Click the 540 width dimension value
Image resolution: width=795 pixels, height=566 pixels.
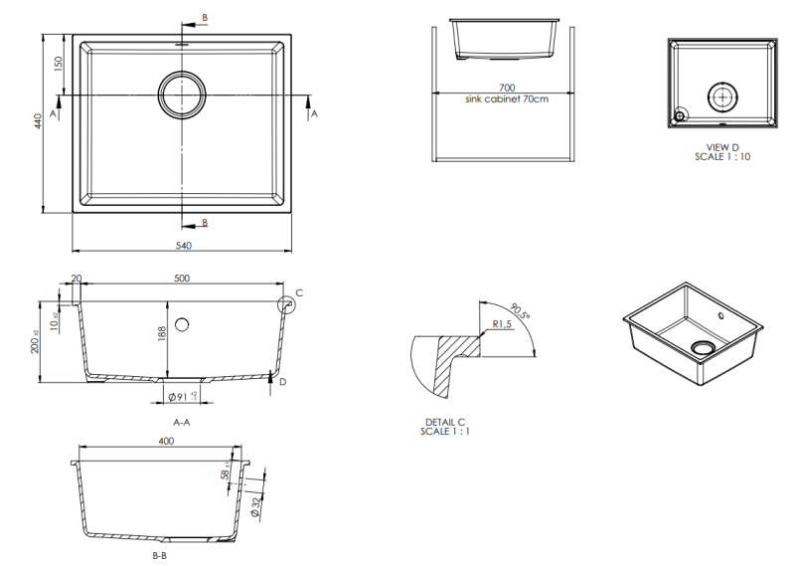[183, 246]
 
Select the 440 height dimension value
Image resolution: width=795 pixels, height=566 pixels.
[38, 121]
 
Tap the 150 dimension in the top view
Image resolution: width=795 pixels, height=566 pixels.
[59, 64]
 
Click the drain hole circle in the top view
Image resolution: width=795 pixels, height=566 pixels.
[183, 94]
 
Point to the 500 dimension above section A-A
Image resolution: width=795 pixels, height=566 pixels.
[182, 279]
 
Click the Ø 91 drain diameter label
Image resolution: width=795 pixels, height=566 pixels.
[180, 398]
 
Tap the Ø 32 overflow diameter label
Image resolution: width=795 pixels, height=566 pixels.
[256, 506]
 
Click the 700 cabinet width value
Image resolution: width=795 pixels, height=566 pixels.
[506, 89]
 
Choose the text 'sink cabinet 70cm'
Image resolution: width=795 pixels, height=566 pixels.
[506, 99]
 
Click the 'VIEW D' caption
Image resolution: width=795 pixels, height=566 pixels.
[721, 147]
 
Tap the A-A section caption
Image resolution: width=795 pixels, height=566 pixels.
[182, 423]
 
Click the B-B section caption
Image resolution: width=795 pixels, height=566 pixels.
[159, 555]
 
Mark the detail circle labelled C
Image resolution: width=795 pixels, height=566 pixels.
[285, 303]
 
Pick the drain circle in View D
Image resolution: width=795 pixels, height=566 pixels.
[721, 96]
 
